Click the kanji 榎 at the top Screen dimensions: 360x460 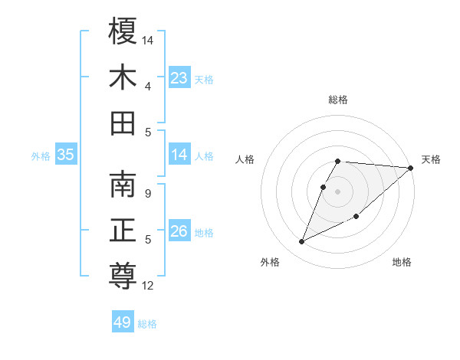pyautogui.click(x=123, y=32)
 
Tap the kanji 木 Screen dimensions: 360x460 pyautogui.click(x=123, y=78)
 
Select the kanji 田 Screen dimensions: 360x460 pyautogui.click(x=123, y=123)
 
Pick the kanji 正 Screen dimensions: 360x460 pyautogui.click(x=123, y=231)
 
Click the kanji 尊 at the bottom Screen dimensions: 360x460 pyautogui.click(x=123, y=277)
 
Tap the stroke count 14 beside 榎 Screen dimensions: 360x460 pyautogui.click(x=148, y=39)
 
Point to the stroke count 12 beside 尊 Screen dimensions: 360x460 pyautogui.click(x=148, y=286)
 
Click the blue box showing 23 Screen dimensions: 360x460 pyautogui.click(x=179, y=78)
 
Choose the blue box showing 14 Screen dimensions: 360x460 pyautogui.click(x=179, y=155)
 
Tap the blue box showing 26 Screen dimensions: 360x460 pyautogui.click(x=179, y=231)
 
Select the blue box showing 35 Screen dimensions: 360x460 pyautogui.click(x=65, y=155)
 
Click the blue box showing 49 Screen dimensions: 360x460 pyautogui.click(x=123, y=322)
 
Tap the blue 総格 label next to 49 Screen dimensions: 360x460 pyautogui.click(x=147, y=324)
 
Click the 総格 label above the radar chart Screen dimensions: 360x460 pyautogui.click(x=338, y=100)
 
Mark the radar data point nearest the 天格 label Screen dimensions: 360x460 pyautogui.click(x=410, y=169)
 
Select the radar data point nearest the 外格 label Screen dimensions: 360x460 pyautogui.click(x=302, y=242)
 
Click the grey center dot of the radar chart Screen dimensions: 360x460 pyautogui.click(x=338, y=191)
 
